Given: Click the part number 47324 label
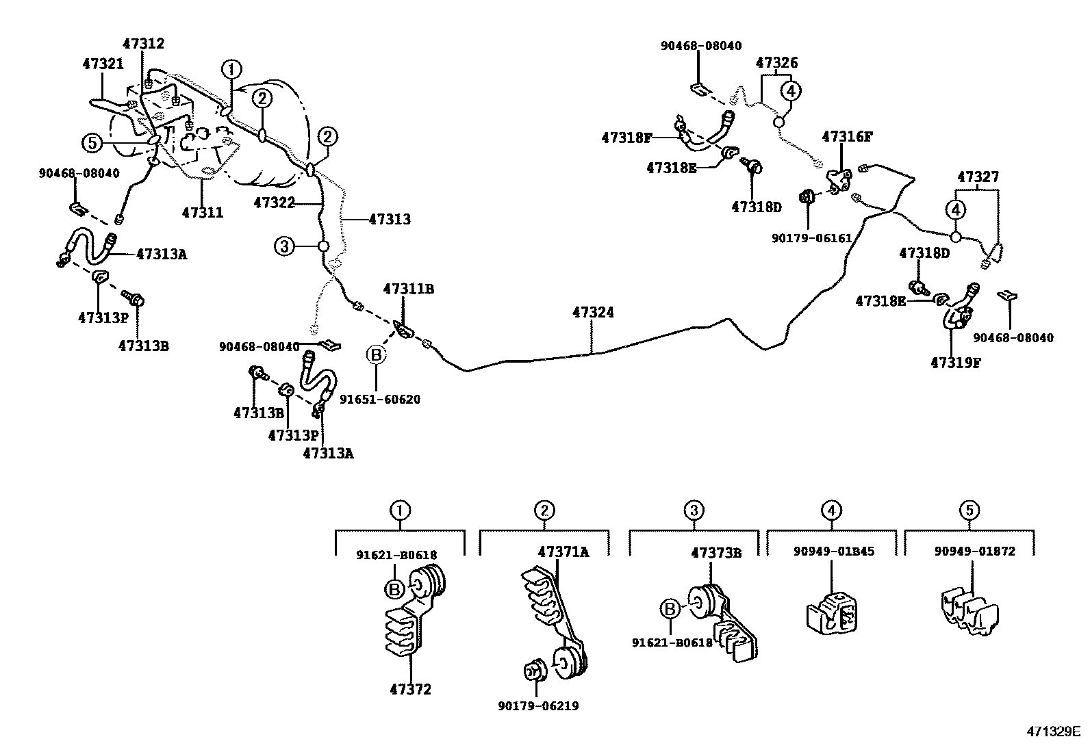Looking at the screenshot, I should [x=593, y=313].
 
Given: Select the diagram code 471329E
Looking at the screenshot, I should [x=1052, y=731].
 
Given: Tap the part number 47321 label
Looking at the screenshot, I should [x=103, y=64].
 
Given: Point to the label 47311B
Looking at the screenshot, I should [x=409, y=289].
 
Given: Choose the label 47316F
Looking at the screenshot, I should [x=847, y=136].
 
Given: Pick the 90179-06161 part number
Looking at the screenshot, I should [x=811, y=238].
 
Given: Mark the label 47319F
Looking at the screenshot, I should [x=956, y=363].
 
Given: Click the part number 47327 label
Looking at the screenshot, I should [x=978, y=177].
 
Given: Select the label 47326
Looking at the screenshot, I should [x=776, y=63].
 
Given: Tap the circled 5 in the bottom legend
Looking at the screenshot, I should [x=969, y=510].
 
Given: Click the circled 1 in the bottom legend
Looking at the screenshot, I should [x=400, y=510].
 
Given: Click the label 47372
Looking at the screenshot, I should [x=410, y=689].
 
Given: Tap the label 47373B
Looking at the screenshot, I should [x=716, y=552].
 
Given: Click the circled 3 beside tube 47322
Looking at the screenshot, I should [x=284, y=246].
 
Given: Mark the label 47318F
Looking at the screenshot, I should [x=626, y=138].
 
